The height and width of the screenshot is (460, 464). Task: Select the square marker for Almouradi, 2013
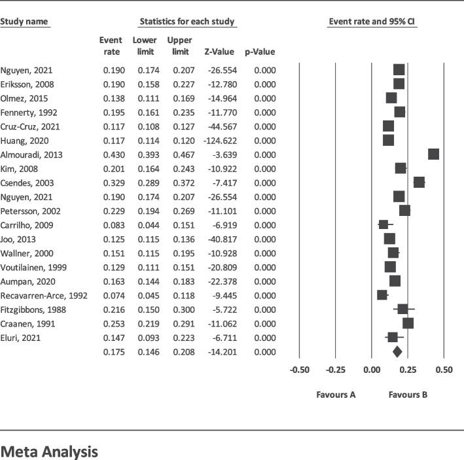433,154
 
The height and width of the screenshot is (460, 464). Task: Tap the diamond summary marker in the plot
397,352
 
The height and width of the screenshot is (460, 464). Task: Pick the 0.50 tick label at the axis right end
444,370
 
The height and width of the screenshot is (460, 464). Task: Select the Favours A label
336,395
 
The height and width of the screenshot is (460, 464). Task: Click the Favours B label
408,395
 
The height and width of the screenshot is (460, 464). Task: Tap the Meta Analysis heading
49,451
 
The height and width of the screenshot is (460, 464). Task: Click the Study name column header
24,22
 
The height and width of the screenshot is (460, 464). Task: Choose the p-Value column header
260,52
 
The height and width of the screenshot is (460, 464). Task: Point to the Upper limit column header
179,46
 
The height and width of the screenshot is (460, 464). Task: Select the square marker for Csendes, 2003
419,183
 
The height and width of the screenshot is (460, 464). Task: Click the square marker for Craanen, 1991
408,323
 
